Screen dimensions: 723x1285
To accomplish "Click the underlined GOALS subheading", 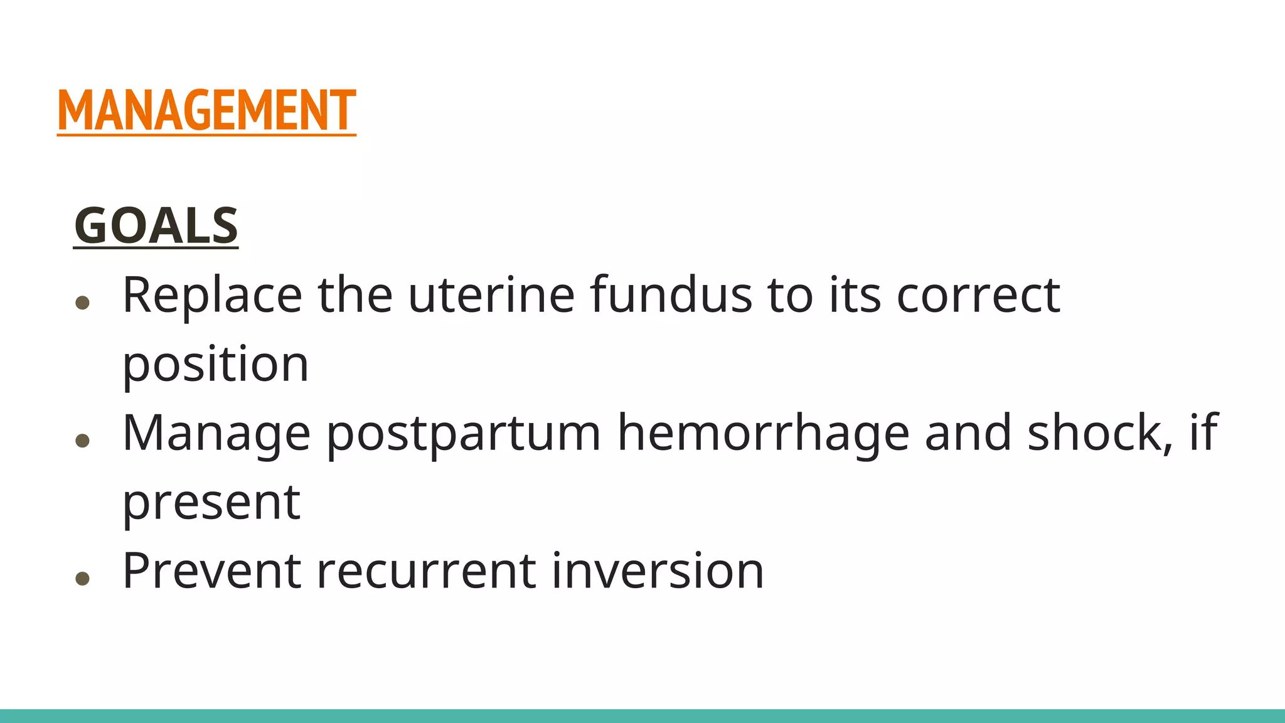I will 156,226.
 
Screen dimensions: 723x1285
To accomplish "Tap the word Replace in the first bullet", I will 212,294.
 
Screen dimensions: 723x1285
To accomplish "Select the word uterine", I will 491,294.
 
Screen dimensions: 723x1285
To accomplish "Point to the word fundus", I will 671,294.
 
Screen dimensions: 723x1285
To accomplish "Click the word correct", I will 978,296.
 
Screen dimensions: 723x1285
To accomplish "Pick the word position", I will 215,364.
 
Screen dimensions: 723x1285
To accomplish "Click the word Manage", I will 216,433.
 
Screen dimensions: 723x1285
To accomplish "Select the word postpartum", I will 464,433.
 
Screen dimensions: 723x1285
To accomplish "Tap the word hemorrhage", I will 763,433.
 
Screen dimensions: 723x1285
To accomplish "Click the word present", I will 211,502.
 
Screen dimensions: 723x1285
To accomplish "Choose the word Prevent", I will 211,570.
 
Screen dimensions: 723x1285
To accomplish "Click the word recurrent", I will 426,571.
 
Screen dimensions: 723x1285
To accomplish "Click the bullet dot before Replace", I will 82,303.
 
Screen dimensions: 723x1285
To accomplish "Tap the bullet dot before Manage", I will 82,441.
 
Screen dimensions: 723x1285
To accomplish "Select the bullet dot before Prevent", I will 82,578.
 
